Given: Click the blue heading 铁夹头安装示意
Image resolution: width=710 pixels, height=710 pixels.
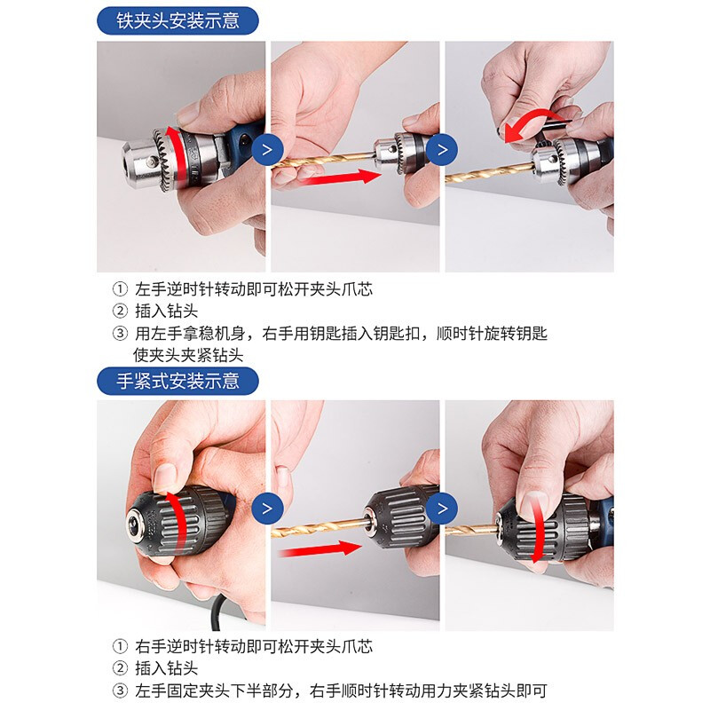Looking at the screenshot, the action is [177, 20].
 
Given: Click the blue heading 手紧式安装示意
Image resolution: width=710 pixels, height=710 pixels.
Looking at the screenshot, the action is [177, 381].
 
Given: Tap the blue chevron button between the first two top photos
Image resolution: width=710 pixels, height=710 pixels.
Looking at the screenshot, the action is [268, 149].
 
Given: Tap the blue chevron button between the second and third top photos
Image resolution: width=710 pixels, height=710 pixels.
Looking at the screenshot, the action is [442, 149].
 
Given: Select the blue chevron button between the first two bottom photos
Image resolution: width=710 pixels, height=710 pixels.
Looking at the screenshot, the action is [268, 508].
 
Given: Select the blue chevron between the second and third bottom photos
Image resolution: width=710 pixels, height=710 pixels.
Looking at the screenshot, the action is [442, 508].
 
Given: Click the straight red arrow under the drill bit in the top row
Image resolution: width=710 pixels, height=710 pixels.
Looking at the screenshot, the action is [343, 177].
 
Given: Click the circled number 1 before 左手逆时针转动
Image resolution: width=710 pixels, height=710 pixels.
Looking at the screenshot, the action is [120, 289].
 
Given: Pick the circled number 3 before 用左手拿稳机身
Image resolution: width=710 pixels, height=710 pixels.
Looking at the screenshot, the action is [120, 334].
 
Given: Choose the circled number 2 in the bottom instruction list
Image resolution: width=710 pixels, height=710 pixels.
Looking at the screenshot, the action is [120, 668].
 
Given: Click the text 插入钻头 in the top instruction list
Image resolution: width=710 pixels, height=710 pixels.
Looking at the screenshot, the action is [167, 312].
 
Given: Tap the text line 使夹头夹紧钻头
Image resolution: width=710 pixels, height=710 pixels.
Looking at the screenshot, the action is [188, 355].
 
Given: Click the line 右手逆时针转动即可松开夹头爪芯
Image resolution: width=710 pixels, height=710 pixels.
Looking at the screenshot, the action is [254, 646].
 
